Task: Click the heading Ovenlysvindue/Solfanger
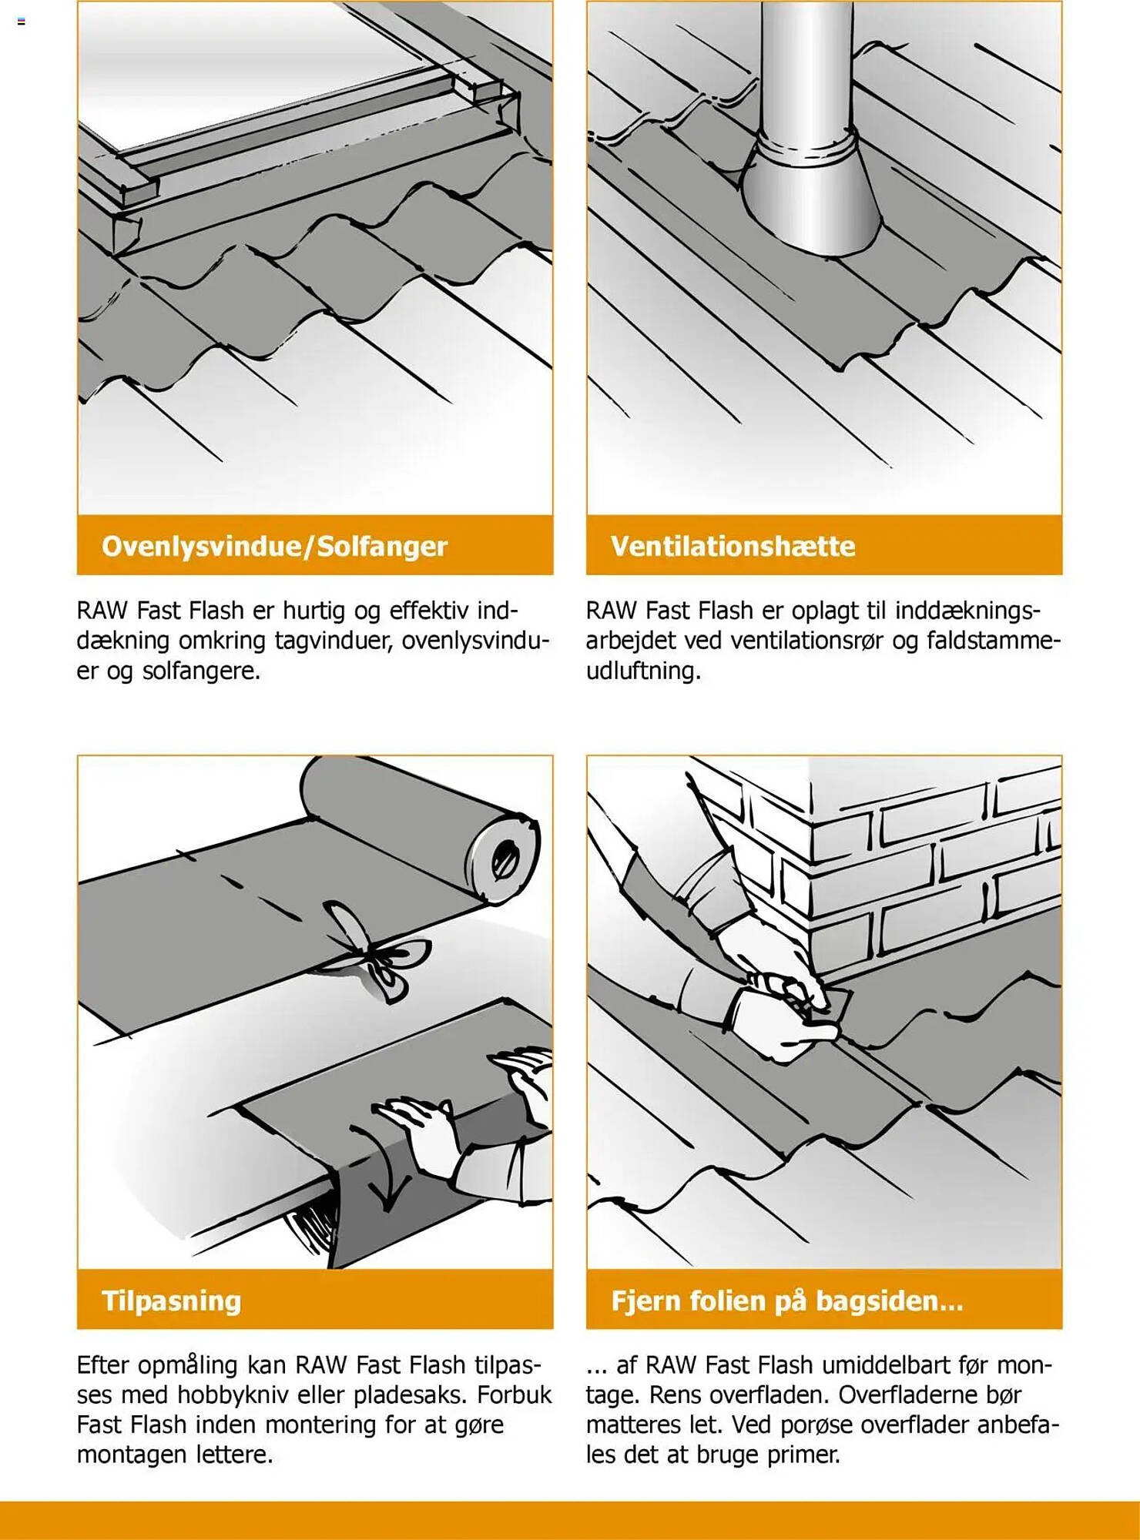click(x=274, y=546)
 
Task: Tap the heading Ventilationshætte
click(x=733, y=546)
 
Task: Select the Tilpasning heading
click(x=171, y=1301)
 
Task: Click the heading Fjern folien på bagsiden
click(x=786, y=1301)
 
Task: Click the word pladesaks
click(x=403, y=1394)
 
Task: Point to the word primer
click(x=802, y=1455)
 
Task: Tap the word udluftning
click(x=643, y=671)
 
